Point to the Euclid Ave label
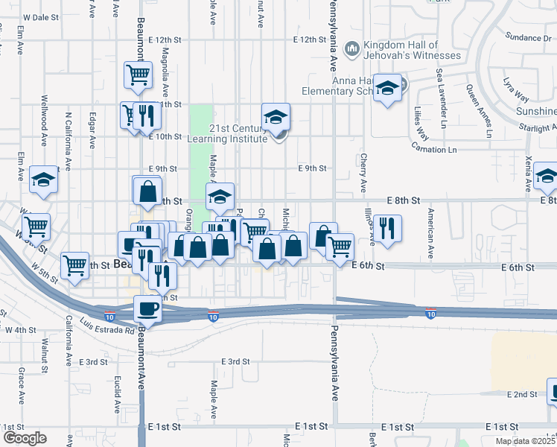[x=117, y=396]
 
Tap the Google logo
[x=25, y=438]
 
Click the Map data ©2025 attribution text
[x=525, y=441]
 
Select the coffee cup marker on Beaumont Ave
[x=147, y=308]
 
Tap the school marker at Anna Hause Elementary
[x=386, y=89]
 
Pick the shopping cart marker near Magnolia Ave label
[x=138, y=74]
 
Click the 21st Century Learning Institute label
[x=238, y=133]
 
